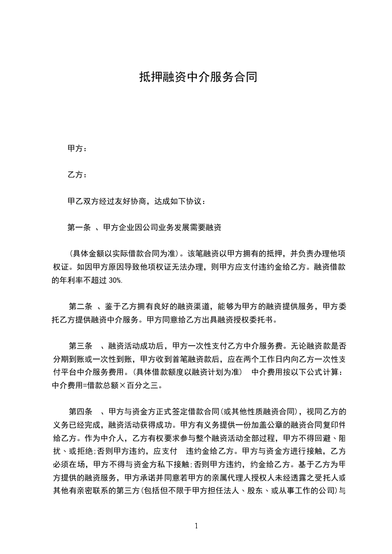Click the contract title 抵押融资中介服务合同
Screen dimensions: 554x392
tap(198, 78)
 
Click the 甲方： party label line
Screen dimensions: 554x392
tap(77, 148)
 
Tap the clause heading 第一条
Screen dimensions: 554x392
tap(79, 228)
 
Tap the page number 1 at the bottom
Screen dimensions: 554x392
tap(196, 526)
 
